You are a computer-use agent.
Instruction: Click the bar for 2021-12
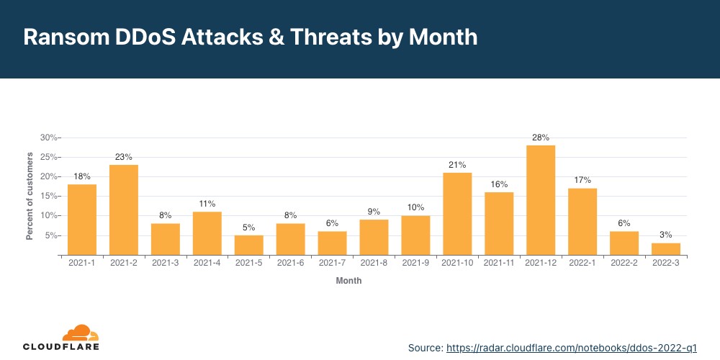(x=541, y=200)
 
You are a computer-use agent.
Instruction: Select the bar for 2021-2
(x=124, y=210)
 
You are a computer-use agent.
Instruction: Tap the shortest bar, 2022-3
(x=666, y=248)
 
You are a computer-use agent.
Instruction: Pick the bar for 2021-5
(x=249, y=245)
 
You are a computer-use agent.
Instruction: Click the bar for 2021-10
(x=457, y=214)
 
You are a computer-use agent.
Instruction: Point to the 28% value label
(x=541, y=137)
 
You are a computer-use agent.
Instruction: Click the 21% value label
(x=457, y=165)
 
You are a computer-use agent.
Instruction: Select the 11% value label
(x=207, y=204)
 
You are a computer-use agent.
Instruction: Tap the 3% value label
(x=666, y=235)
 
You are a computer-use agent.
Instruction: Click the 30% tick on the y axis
(x=49, y=138)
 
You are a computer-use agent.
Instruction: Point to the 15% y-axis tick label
(x=49, y=196)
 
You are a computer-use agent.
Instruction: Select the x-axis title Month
(x=348, y=281)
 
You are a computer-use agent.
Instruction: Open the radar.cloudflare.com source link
(x=572, y=347)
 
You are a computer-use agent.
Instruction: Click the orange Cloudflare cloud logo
(x=80, y=333)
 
